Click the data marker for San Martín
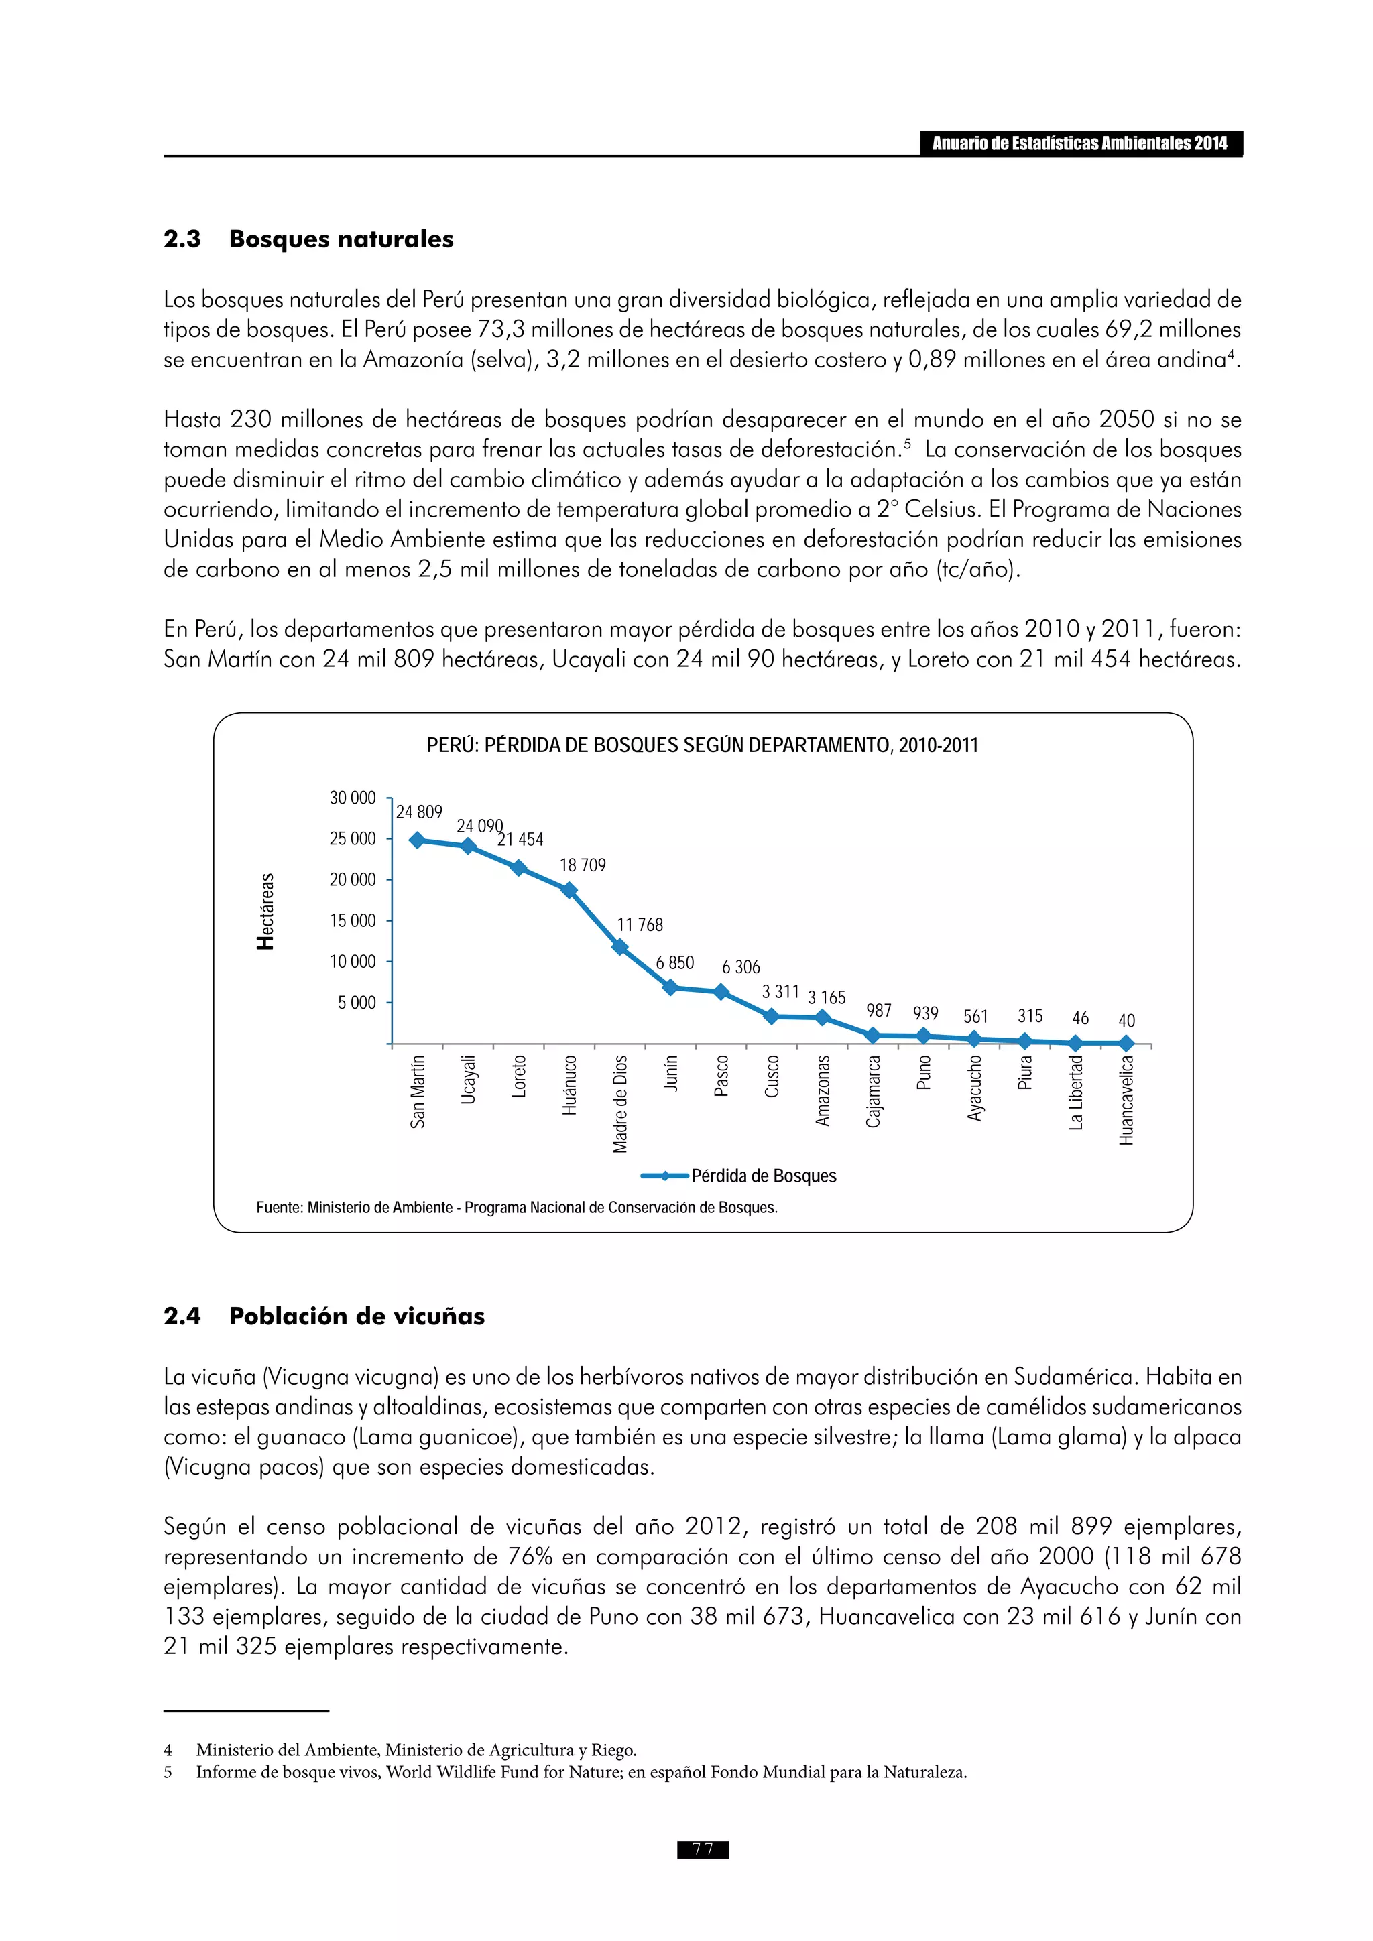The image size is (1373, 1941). [x=417, y=840]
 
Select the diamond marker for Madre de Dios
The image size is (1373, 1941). [x=619, y=947]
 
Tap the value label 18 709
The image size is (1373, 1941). [x=583, y=865]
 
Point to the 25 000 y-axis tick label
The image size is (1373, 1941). [x=353, y=838]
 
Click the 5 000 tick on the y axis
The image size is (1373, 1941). [x=357, y=1003]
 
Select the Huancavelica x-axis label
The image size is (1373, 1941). [x=1126, y=1100]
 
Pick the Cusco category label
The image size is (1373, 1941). [x=772, y=1076]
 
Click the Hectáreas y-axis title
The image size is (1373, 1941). [x=265, y=912]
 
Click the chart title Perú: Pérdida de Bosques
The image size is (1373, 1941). [x=702, y=745]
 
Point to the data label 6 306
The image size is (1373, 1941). [x=741, y=967]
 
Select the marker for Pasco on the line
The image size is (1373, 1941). [x=721, y=992]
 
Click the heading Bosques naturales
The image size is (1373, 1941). [x=341, y=239]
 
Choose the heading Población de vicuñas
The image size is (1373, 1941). [x=356, y=1316]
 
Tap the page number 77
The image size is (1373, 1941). [x=703, y=1849]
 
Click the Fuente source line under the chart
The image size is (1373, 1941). [x=517, y=1207]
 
